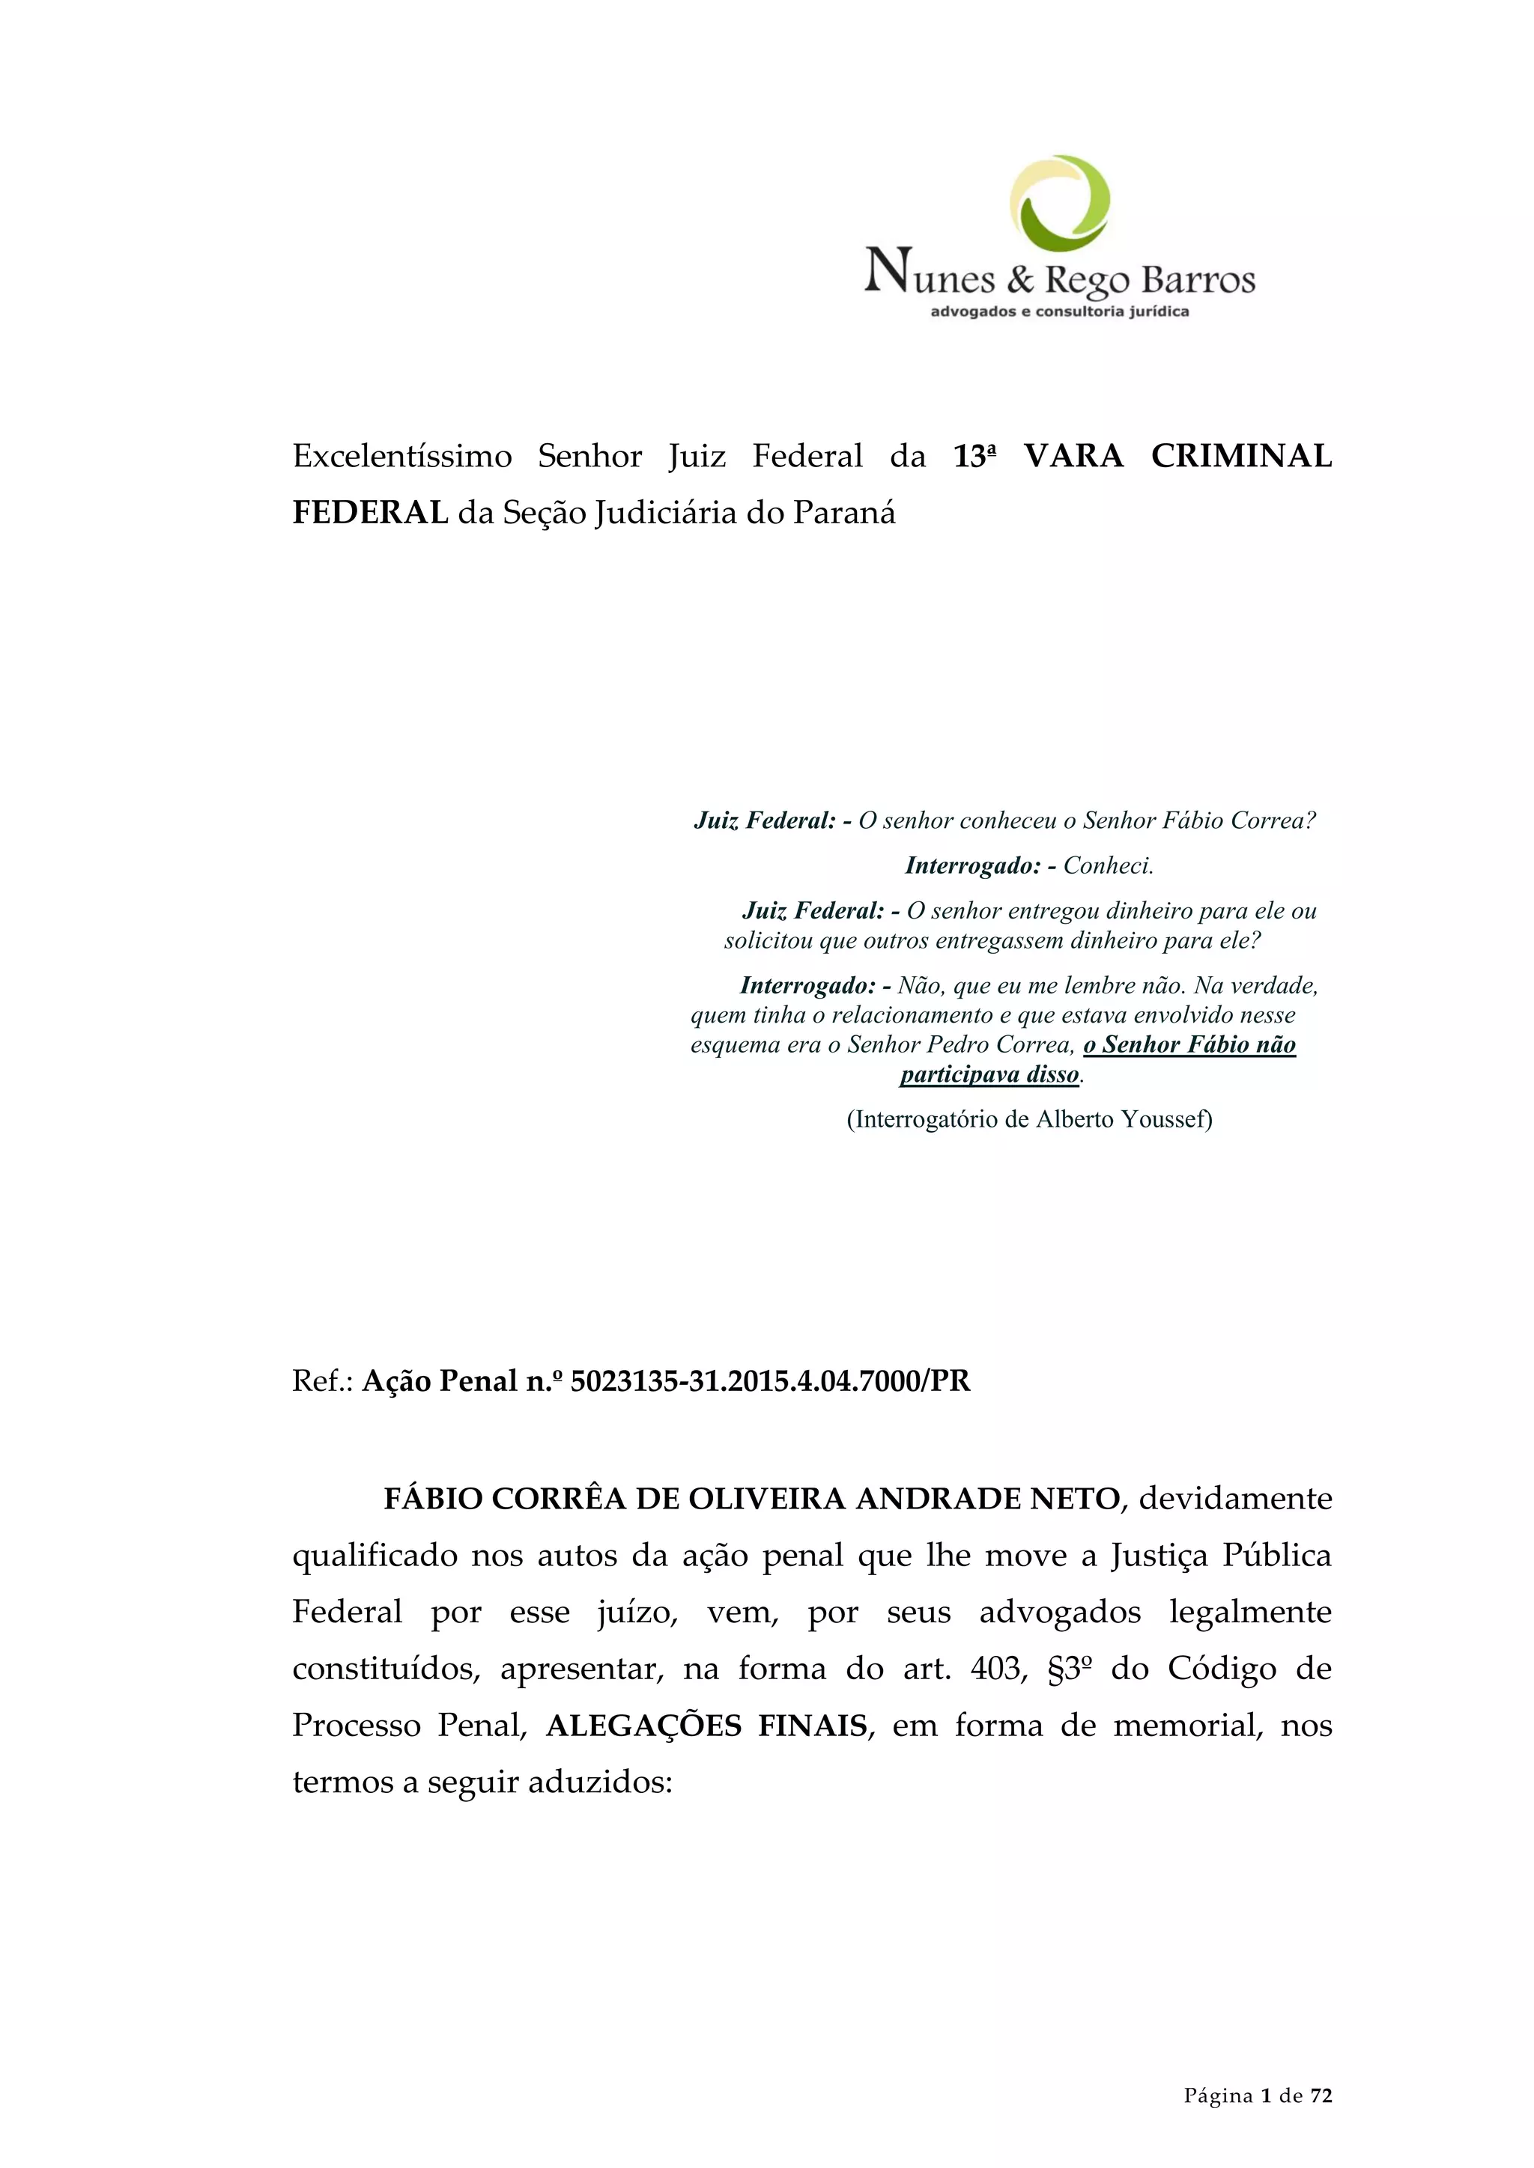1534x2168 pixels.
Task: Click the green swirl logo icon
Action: click(x=1060, y=203)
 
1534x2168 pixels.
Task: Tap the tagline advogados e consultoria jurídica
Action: click(x=1060, y=311)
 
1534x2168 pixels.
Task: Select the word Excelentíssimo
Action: click(x=401, y=457)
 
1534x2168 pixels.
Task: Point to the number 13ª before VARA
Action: click(x=974, y=457)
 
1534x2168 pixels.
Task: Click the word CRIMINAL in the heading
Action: click(x=1240, y=457)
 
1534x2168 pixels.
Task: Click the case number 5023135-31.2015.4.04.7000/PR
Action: click(x=770, y=1381)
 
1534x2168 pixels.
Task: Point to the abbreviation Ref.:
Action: click(x=322, y=1381)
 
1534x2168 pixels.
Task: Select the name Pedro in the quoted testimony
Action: click(x=957, y=1045)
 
